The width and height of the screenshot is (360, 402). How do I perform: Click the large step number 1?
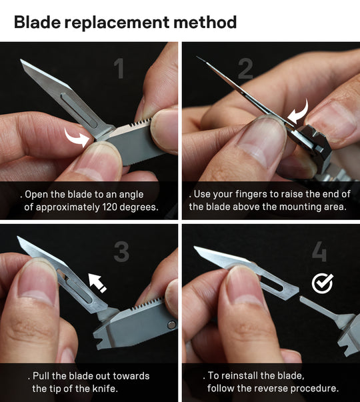120,69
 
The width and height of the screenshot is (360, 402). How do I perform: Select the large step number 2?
245,69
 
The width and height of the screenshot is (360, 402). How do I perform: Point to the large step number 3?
121,251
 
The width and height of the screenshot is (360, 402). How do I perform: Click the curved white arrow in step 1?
77,138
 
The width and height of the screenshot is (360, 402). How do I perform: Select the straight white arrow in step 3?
98,282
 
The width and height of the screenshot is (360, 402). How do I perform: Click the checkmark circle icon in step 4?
323,284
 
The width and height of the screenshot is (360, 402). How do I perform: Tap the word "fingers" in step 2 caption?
248,194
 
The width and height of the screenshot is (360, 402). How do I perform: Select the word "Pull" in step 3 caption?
43,376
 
